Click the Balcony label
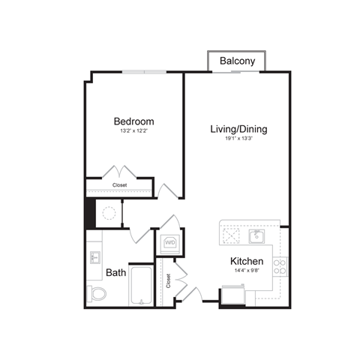238,61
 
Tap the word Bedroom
133,121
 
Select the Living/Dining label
238,129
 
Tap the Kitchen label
246,262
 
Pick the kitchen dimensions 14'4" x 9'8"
246,271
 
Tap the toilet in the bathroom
97,293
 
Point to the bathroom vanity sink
95,259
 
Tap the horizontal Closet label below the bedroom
120,184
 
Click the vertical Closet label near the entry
169,280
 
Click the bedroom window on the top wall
145,72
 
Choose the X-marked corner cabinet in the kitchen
232,235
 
